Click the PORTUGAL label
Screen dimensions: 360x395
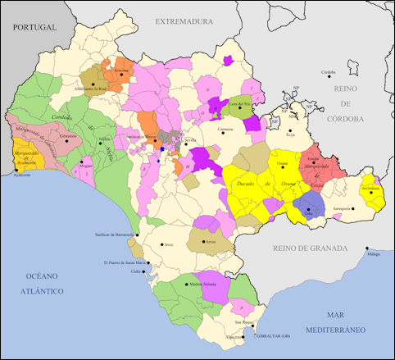click(34, 27)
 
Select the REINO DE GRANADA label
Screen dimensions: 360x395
click(310, 246)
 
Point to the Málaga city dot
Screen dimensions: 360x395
click(368, 250)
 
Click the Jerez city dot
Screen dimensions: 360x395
click(161, 244)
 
